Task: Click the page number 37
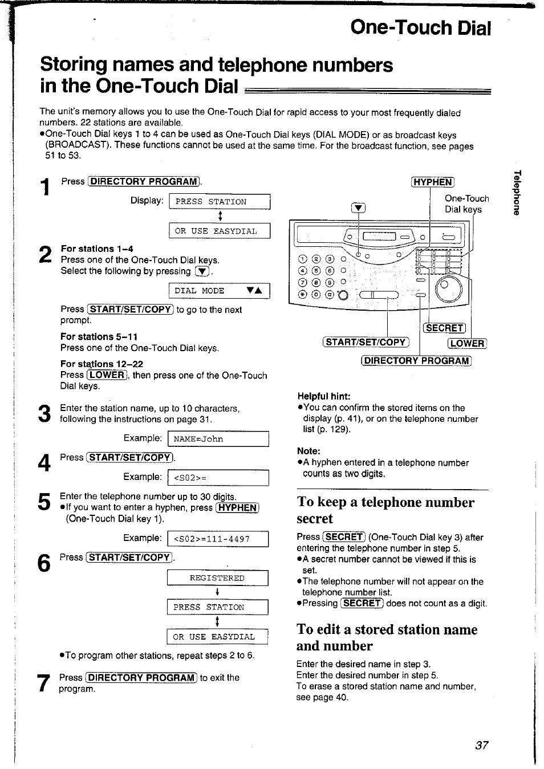click(x=481, y=745)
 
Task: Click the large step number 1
click(x=46, y=186)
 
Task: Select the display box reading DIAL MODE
click(x=219, y=291)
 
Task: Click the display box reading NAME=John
click(x=218, y=439)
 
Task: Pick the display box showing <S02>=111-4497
click(x=218, y=539)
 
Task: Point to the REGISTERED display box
click(x=217, y=578)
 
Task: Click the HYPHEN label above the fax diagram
click(x=432, y=182)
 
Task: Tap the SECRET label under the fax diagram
click(x=444, y=328)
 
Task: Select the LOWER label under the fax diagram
click(x=467, y=343)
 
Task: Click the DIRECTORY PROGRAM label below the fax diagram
click(x=416, y=360)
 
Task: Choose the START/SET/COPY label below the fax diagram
click(x=366, y=342)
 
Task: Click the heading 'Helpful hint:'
click(x=323, y=396)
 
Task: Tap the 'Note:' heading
click(x=308, y=451)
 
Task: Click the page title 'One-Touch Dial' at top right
click(x=420, y=27)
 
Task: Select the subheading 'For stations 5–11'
click(x=99, y=337)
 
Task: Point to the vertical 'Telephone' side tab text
click(x=516, y=193)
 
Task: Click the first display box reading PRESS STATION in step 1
click(x=219, y=202)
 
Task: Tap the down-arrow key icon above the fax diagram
click(x=358, y=208)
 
